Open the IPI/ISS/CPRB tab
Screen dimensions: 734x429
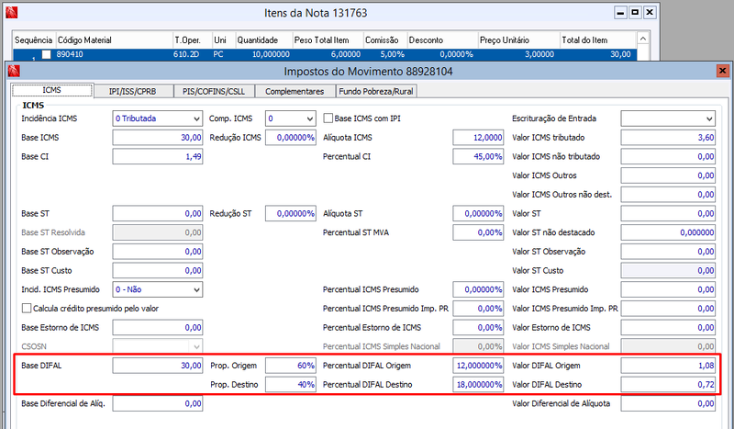click(x=133, y=92)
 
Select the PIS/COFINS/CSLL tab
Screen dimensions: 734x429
click(x=214, y=92)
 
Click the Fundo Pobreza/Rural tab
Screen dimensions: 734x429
click(x=376, y=92)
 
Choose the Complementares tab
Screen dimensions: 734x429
click(x=295, y=92)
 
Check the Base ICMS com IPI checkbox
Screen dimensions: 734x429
click(x=328, y=119)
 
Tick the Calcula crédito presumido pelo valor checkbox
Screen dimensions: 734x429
click(x=27, y=309)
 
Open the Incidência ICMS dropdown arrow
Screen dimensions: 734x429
click(x=196, y=119)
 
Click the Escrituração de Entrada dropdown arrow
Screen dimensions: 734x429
click(x=709, y=119)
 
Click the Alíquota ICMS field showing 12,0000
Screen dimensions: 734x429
click(x=478, y=138)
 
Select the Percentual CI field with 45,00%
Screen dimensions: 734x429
click(x=478, y=156)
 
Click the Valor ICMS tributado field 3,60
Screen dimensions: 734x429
click(x=668, y=138)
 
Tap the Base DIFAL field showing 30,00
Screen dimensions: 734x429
click(x=158, y=366)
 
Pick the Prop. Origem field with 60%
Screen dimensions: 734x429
click(x=291, y=366)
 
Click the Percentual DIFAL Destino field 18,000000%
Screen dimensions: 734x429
click(x=478, y=385)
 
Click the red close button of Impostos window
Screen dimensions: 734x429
click(x=722, y=71)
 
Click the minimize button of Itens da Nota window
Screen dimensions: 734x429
click(x=620, y=13)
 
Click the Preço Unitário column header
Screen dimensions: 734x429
click(x=504, y=40)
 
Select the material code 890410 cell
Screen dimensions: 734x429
click(x=70, y=54)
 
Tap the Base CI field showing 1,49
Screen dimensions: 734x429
click(x=158, y=156)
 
